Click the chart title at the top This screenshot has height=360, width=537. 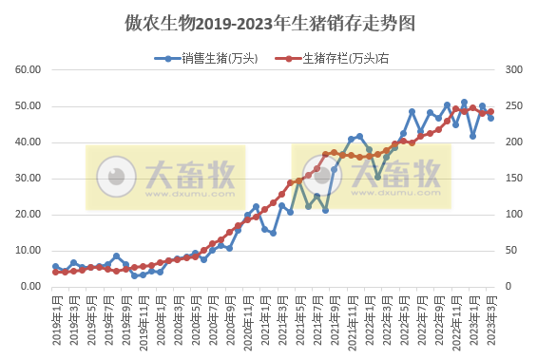pos(269,22)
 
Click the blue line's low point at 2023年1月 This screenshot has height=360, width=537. pos(473,136)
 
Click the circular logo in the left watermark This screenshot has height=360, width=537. pos(117,177)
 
